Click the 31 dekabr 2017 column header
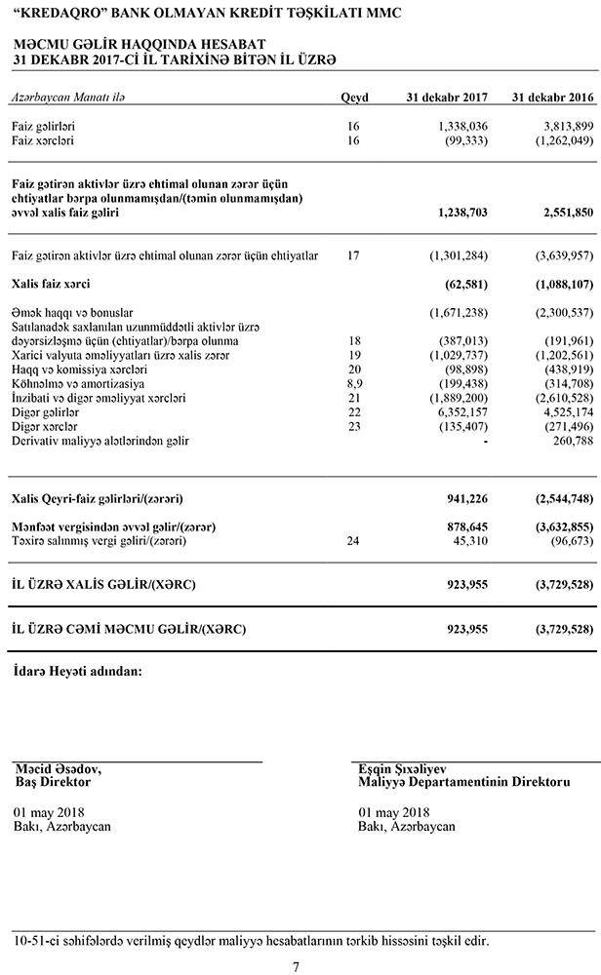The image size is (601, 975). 447,97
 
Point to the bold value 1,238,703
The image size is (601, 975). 458,211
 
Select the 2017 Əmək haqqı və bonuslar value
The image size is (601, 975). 459,312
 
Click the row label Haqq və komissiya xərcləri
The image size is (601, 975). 79,371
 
